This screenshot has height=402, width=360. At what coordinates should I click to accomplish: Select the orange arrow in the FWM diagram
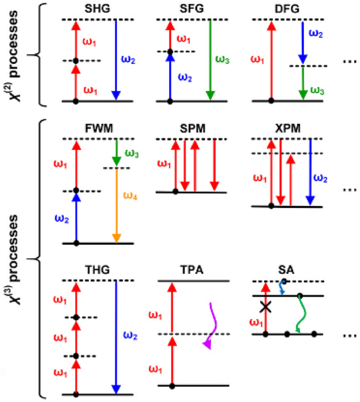117,204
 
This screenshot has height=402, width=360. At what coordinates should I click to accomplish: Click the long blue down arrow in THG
116,337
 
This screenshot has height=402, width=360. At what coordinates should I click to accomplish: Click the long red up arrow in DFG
271,61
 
